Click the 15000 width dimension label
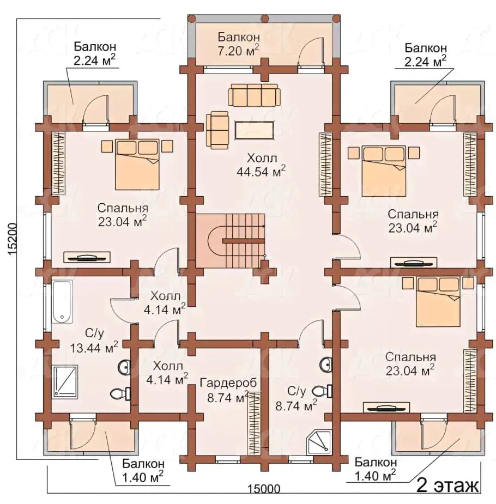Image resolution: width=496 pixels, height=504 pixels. point(264,489)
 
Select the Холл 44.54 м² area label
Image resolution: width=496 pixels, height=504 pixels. point(261,165)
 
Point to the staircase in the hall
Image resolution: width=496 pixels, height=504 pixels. point(231,240)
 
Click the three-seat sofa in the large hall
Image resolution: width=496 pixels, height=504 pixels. point(254,95)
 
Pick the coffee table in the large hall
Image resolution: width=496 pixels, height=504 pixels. point(255,130)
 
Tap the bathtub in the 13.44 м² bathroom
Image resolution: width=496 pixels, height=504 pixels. point(62,302)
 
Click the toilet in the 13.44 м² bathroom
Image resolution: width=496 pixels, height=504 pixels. point(120,393)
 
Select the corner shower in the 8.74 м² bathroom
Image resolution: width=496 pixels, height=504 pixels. point(320,442)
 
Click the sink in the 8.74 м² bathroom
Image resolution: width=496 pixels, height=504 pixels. point(326,365)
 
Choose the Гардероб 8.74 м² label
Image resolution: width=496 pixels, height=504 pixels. point(228,390)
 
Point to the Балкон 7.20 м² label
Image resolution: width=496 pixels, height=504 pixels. point(239,44)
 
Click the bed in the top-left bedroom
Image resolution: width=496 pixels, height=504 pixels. point(137,164)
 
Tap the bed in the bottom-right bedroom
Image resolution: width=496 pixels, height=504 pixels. point(438,301)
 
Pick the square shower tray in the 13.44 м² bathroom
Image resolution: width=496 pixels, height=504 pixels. point(65,381)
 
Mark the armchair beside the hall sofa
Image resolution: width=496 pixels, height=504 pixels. point(217,130)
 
